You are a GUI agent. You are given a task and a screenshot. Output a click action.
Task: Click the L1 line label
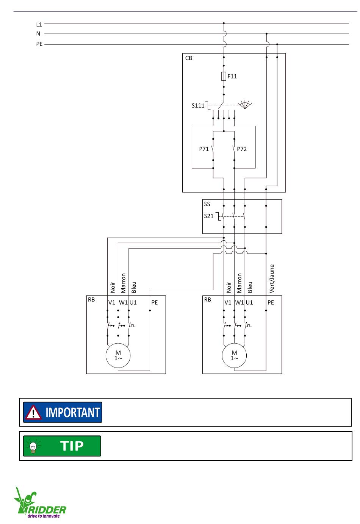(39, 24)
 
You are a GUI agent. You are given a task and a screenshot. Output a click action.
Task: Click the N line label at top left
(38, 34)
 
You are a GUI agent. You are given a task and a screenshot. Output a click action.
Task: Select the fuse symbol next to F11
(224, 76)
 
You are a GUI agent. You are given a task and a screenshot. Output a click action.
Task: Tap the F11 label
(232, 76)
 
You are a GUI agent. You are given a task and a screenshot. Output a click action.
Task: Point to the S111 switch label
(198, 105)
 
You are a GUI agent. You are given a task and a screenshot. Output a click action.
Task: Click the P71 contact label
(204, 149)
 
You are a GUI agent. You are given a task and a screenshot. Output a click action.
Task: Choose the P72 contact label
(242, 149)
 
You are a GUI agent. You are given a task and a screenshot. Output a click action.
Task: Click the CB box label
(189, 58)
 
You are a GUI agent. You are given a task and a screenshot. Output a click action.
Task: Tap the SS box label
(207, 204)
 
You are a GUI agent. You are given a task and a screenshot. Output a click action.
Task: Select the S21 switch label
(209, 216)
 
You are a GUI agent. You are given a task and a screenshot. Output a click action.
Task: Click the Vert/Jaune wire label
(272, 278)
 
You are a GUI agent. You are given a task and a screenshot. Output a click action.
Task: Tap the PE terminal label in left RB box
(154, 302)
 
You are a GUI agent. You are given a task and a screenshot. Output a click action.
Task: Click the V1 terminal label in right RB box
(228, 302)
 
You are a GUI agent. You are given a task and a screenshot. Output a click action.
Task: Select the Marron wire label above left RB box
(123, 283)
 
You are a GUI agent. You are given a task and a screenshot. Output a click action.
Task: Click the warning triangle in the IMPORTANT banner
(33, 412)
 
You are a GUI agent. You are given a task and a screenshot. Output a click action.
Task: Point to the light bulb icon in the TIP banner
(33, 446)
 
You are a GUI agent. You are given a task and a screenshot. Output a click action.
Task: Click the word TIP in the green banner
(72, 446)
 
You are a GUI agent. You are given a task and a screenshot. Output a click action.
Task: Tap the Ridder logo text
(47, 510)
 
